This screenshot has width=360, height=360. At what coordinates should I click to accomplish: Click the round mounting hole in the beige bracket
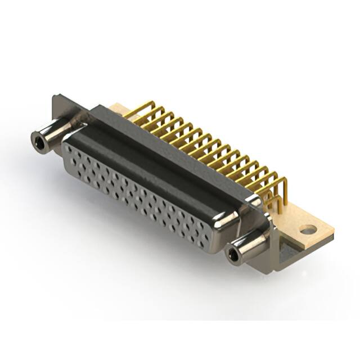click(308, 229)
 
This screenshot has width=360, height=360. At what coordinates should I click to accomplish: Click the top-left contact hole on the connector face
click(70, 149)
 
